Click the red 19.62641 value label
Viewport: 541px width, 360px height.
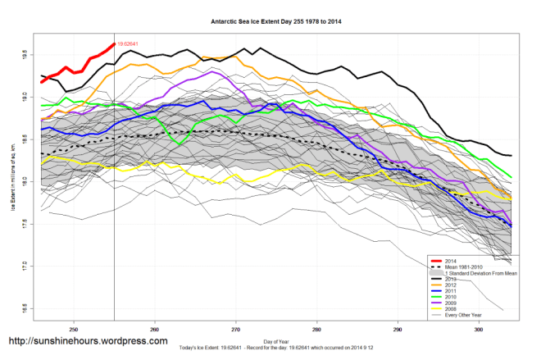(x=128, y=43)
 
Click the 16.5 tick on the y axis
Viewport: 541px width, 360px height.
(x=25, y=309)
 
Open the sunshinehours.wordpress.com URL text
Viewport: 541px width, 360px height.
(x=89, y=340)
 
